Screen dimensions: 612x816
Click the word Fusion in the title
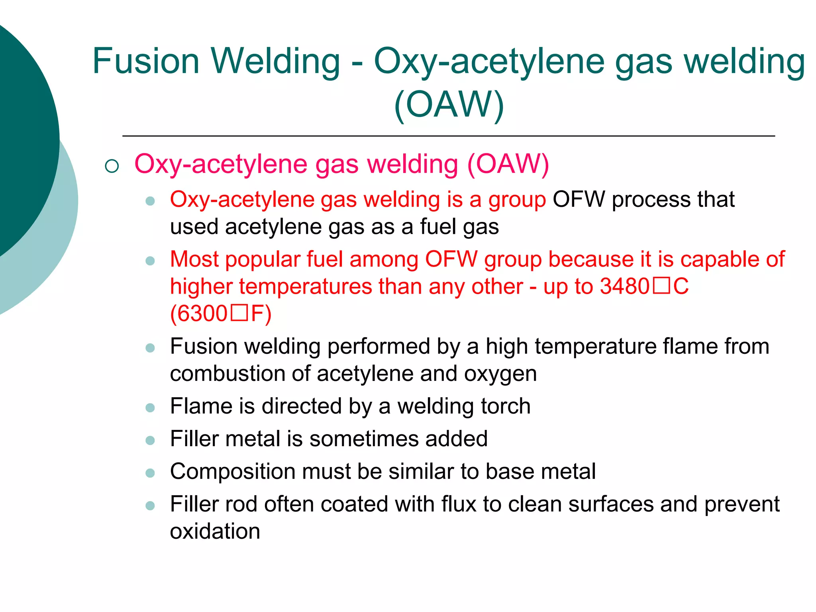145,62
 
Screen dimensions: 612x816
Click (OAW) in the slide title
449,104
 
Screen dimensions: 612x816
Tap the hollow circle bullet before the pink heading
112,166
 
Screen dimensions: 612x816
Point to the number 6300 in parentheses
202,314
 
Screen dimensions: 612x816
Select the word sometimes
364,439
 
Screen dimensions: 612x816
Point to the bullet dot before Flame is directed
150,408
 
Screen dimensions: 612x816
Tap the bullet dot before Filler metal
150,440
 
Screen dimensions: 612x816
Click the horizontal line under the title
448,136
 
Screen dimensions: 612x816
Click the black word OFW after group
579,199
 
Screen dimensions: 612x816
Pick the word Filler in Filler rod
194,504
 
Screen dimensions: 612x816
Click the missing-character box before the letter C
661,286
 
